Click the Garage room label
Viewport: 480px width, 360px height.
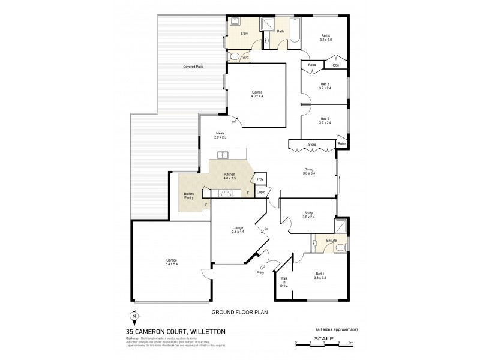click(171, 262)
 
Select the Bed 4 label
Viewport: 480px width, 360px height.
click(326, 37)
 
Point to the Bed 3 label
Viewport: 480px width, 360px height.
click(325, 86)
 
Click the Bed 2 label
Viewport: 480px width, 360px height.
click(325, 121)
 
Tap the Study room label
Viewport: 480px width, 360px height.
click(309, 214)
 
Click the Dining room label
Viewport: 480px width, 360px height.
click(309, 171)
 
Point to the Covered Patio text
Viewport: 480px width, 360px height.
click(193, 67)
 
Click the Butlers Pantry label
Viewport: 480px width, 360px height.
click(189, 196)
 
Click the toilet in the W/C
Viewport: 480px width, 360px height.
click(235, 57)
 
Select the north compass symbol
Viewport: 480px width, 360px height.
click(133, 317)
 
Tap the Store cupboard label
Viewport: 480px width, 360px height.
click(312, 145)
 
